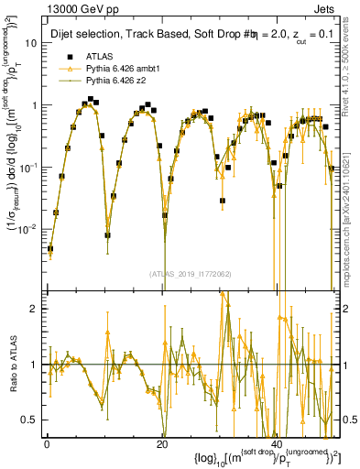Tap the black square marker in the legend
point(70,56)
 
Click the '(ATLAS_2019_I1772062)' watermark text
point(190,273)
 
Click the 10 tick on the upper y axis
point(31,43)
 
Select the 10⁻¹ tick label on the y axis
point(27,167)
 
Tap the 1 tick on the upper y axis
point(34,105)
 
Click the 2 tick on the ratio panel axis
point(34,310)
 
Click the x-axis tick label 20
point(162,442)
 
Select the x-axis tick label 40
point(277,442)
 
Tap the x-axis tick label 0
point(47,442)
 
